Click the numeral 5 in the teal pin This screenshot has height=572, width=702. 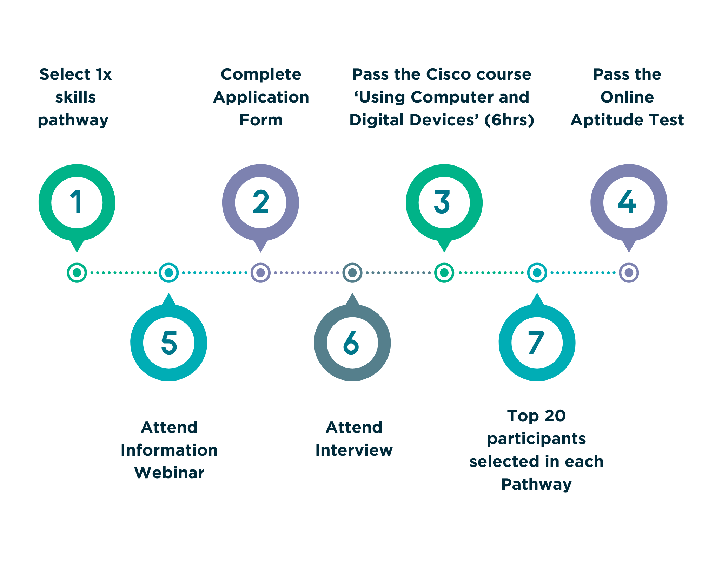169,342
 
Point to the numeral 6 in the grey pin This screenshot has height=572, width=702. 351,342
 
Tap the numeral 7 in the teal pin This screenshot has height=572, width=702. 536,342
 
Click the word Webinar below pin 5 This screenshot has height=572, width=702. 169,473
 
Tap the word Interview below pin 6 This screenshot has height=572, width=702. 354,450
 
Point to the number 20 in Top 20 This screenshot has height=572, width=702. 555,416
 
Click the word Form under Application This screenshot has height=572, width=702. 261,120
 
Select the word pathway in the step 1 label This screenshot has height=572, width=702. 73,121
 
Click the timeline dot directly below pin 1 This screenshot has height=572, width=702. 77,273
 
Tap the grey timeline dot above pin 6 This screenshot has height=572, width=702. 352,273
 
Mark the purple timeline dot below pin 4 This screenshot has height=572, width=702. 629,273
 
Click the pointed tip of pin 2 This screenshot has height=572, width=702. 260,252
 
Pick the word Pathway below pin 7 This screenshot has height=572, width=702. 536,485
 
